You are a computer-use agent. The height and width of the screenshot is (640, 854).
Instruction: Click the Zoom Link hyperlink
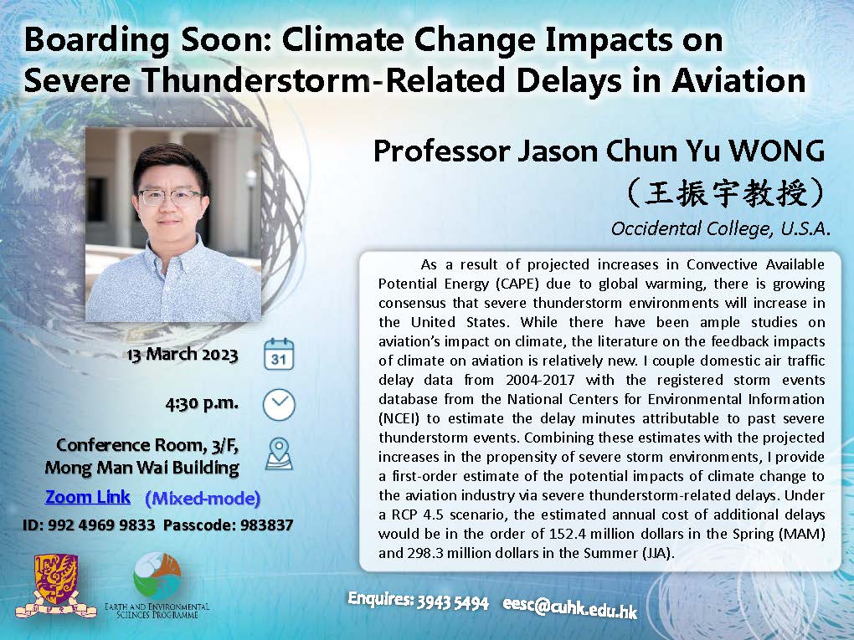point(88,497)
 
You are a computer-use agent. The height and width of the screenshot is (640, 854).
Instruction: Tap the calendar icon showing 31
point(279,354)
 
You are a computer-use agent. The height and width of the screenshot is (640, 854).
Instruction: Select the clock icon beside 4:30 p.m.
point(279,405)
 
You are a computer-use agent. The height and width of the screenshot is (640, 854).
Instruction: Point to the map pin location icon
point(279,454)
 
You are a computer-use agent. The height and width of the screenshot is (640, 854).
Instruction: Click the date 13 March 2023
point(183,354)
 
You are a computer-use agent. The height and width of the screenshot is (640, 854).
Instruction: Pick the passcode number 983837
point(267,525)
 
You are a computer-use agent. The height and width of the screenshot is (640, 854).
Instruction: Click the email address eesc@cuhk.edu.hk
point(569,606)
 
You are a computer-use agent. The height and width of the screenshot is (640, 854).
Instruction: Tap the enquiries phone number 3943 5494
point(453,602)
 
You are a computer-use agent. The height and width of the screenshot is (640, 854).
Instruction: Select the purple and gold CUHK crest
point(55,586)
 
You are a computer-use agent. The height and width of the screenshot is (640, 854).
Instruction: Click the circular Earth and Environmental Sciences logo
point(157,576)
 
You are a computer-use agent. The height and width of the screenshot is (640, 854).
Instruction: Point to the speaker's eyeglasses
point(169,197)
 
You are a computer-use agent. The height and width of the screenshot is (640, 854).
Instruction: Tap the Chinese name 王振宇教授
point(725,192)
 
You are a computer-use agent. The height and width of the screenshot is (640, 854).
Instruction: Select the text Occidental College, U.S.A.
point(720,228)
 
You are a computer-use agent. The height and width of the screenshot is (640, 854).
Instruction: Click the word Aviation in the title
point(738,80)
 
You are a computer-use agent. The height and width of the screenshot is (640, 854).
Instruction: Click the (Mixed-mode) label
point(203,499)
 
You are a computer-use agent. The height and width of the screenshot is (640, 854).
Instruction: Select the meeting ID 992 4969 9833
point(101,525)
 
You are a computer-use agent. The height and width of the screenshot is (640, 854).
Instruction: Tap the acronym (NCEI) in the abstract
point(399,418)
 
